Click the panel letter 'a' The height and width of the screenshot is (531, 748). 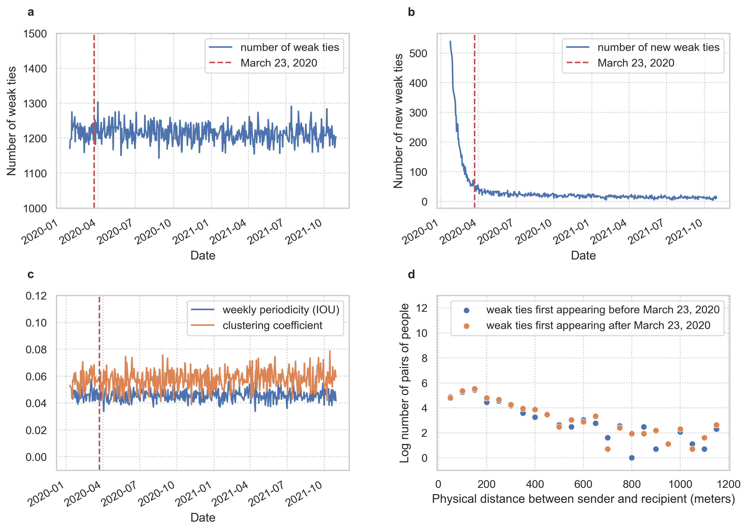pyautogui.click(x=31, y=12)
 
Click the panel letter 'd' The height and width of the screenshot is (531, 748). pyautogui.click(x=411, y=274)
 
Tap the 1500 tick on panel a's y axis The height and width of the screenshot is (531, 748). pyautogui.click(x=35, y=34)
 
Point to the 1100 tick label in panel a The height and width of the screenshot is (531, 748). pyautogui.click(x=35, y=173)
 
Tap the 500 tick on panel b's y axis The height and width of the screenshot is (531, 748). pyautogui.click(x=418, y=53)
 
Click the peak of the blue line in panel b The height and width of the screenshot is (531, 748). pyautogui.click(x=450, y=41)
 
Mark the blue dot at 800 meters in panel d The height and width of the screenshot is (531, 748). pyautogui.click(x=631, y=458)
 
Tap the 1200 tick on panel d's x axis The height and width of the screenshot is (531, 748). pyautogui.click(x=728, y=484)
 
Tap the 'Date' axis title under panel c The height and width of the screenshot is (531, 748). pyautogui.click(x=203, y=517)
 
